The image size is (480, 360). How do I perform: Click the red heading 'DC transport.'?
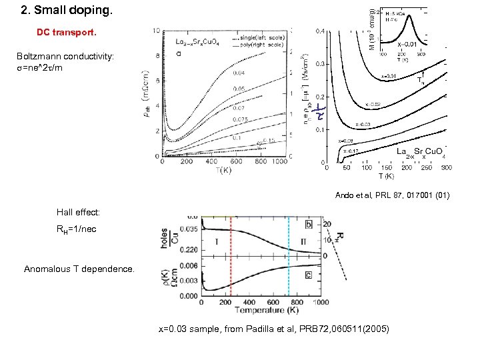67,32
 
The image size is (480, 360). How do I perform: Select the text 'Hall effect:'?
78,212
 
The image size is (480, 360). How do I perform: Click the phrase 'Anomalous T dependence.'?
70,270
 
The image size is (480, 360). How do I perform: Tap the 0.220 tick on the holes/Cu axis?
189,249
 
